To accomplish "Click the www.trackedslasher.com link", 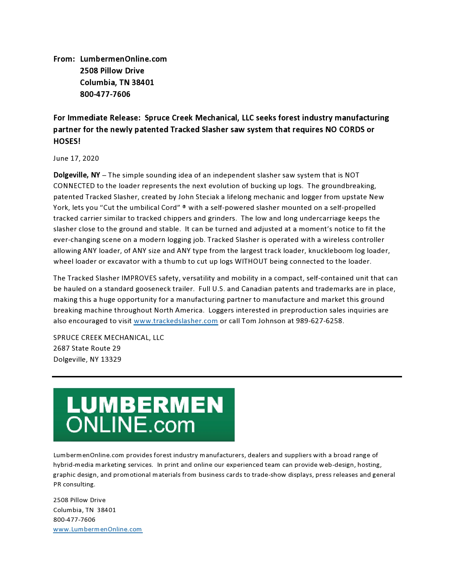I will [x=176, y=321].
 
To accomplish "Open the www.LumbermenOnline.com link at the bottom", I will [x=98, y=529].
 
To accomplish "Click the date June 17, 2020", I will [x=76, y=159].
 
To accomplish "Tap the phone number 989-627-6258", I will [x=319, y=321].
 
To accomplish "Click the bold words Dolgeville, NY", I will [x=77, y=175].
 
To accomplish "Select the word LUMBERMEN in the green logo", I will [x=145, y=405].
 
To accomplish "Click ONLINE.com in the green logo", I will [x=131, y=425].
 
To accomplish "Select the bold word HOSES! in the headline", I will [x=67, y=141].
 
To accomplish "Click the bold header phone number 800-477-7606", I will [x=105, y=94].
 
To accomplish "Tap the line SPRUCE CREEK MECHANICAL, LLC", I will [x=109, y=338].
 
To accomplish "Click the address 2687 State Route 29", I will [x=87, y=349].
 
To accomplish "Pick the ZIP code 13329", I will [x=111, y=360].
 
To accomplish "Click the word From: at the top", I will [x=64, y=59].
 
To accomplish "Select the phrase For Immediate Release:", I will [x=97, y=118].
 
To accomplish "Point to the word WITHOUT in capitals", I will [x=251, y=262].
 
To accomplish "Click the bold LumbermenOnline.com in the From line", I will [x=123, y=59].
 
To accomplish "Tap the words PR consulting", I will [x=74, y=485].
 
